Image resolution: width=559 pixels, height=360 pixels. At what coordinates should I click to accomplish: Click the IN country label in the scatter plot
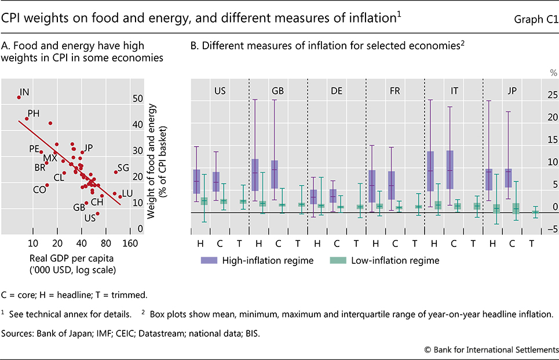point(24,92)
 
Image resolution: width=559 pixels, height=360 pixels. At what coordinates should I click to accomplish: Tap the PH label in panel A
point(34,113)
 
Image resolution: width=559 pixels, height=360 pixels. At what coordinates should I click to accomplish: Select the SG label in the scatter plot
point(123,168)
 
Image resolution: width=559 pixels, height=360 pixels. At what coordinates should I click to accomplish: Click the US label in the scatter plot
point(90,218)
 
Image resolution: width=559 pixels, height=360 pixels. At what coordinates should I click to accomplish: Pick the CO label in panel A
point(39,189)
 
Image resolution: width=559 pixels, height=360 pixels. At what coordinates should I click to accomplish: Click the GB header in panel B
point(277,91)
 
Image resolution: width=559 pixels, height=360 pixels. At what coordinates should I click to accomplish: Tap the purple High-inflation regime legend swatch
point(209,260)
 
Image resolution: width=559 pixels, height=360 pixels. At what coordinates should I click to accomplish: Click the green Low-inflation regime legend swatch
point(337,260)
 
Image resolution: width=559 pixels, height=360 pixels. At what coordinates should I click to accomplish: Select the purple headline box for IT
point(430,171)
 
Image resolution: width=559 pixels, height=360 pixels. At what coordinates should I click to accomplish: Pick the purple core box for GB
point(275,173)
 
